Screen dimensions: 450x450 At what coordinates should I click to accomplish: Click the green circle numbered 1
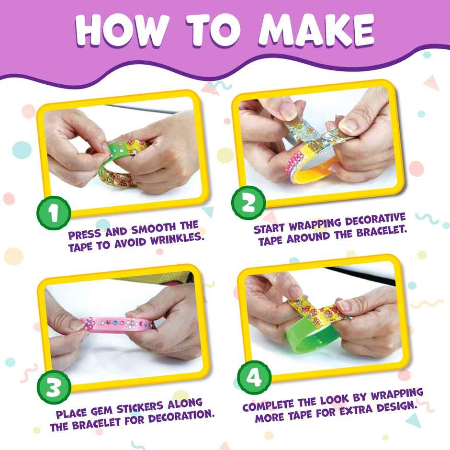54,212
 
